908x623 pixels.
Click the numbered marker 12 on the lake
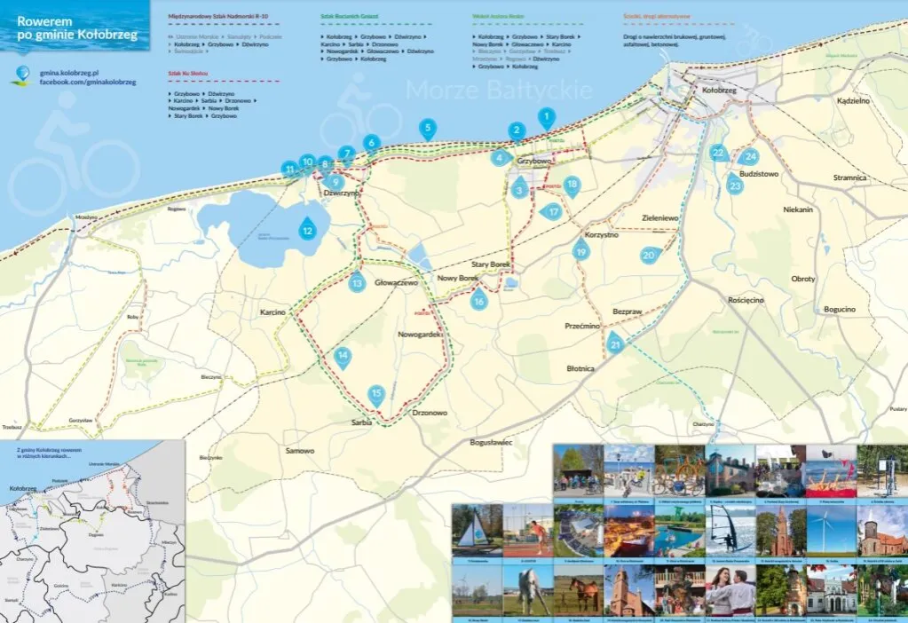click(x=307, y=228)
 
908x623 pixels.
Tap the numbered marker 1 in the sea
click(x=547, y=116)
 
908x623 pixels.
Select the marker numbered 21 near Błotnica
click(x=615, y=344)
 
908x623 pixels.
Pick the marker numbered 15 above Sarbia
click(x=376, y=394)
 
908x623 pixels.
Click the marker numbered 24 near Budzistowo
click(x=750, y=157)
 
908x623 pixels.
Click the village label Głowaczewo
click(x=396, y=282)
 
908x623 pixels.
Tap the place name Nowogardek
click(x=420, y=335)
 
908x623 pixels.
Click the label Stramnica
click(x=849, y=177)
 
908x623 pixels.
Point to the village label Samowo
click(x=299, y=451)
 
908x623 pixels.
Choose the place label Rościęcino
click(x=745, y=300)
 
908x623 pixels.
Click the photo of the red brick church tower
click(x=780, y=531)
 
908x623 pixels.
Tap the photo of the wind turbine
click(x=831, y=530)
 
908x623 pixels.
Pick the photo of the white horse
click(x=528, y=590)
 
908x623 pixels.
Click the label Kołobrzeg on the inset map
click(x=21, y=488)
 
